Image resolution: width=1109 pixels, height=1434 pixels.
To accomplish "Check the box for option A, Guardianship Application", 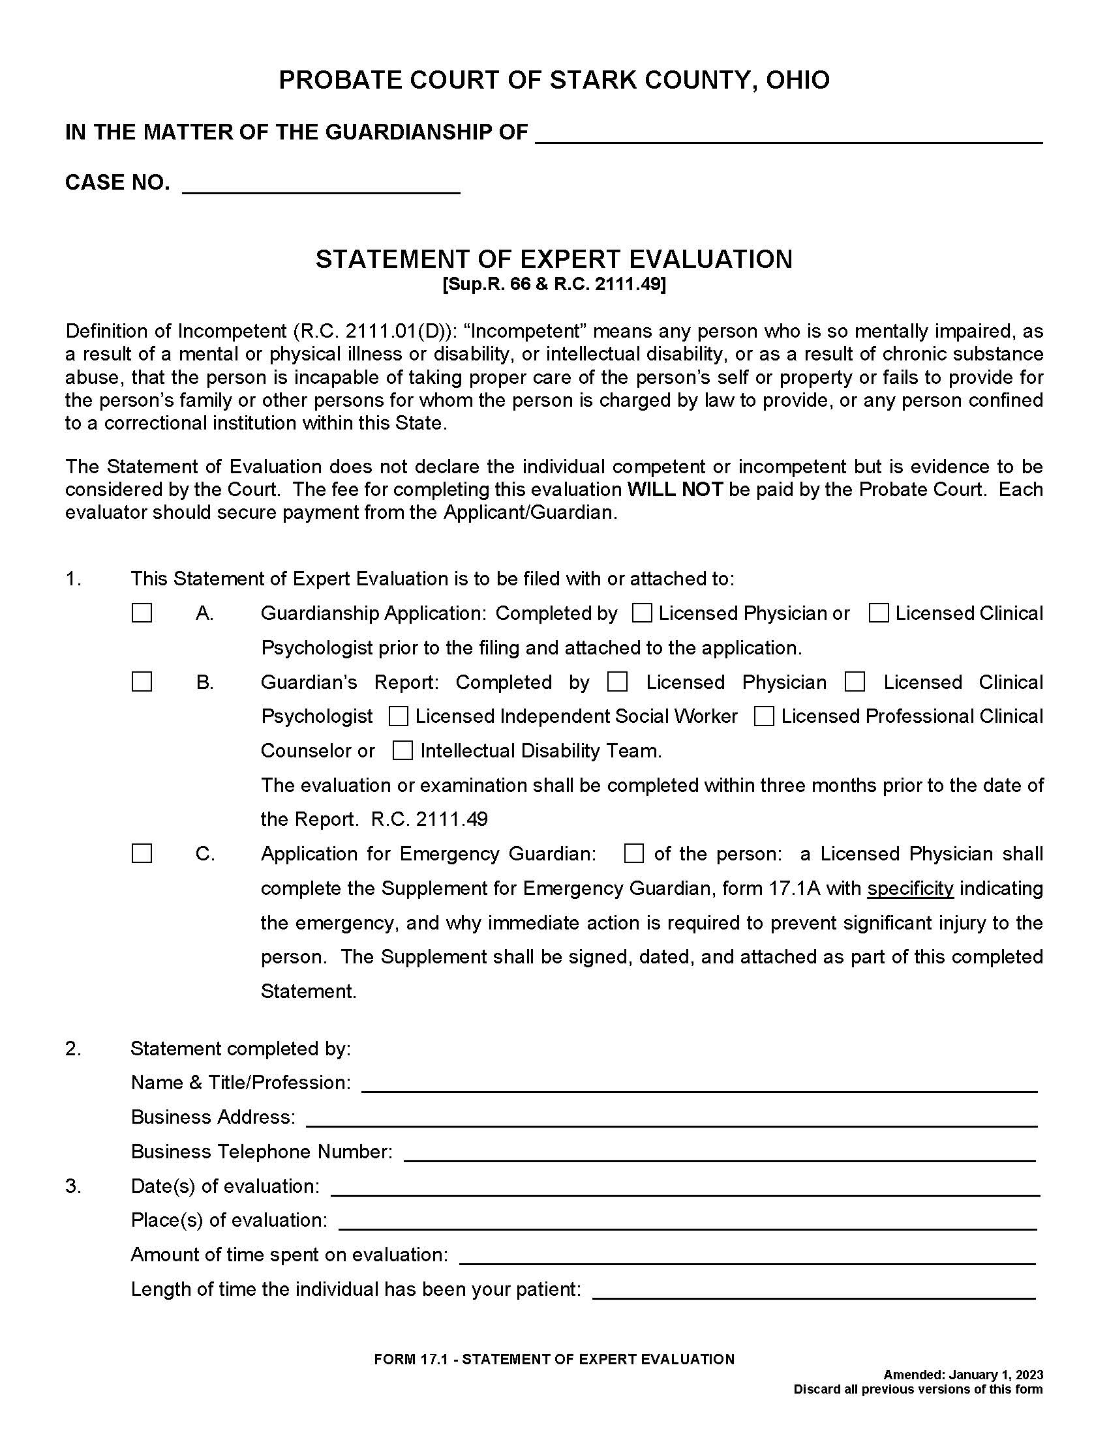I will click(142, 613).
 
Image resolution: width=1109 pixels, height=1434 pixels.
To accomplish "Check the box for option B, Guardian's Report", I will click(142, 682).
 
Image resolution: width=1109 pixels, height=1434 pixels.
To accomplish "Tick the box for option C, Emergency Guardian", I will click(142, 854).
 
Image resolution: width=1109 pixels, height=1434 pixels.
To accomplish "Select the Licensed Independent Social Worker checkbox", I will click(399, 716).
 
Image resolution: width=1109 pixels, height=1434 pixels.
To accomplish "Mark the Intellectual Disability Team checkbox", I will click(402, 750).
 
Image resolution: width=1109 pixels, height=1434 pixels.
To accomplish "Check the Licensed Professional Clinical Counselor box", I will click(764, 716).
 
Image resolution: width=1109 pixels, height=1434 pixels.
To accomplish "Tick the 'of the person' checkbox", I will click(634, 854).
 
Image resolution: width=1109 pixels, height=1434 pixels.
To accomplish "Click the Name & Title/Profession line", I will click(699, 1083).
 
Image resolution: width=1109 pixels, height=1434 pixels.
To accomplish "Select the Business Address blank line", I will click(671, 1117).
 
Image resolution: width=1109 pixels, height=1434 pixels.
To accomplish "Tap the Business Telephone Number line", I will click(720, 1152).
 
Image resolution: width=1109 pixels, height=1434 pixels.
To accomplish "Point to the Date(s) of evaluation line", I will click(684, 1186).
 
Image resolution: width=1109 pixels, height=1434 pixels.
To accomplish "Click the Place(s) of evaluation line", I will click(687, 1221).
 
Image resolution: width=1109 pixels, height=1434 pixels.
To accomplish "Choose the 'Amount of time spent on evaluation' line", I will click(747, 1255).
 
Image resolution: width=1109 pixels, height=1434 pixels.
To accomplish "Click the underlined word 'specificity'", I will click(910, 888).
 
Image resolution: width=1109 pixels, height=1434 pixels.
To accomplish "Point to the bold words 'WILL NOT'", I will click(675, 490).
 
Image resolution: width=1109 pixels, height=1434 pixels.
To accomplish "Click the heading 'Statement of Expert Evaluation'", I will click(554, 259).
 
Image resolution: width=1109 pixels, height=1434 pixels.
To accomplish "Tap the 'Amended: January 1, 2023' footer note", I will click(962, 1375).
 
